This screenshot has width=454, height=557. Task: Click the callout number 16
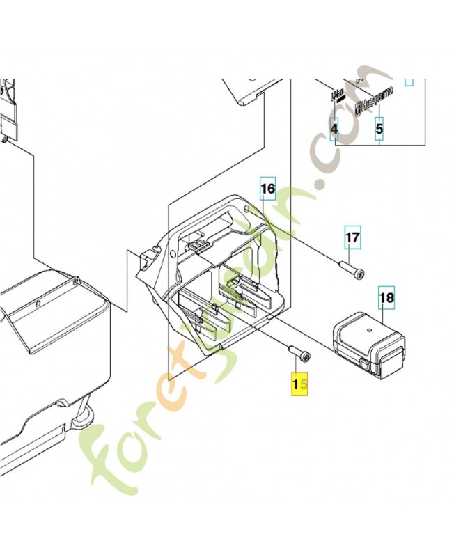(268, 189)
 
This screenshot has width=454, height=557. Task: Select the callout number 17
(353, 239)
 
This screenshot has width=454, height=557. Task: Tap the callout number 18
(386, 299)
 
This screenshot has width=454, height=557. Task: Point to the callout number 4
(334, 130)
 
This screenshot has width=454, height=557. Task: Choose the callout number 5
(379, 130)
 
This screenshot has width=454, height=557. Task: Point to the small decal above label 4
(337, 95)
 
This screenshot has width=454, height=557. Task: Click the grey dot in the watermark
(320, 185)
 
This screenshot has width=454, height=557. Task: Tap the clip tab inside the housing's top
(198, 243)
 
